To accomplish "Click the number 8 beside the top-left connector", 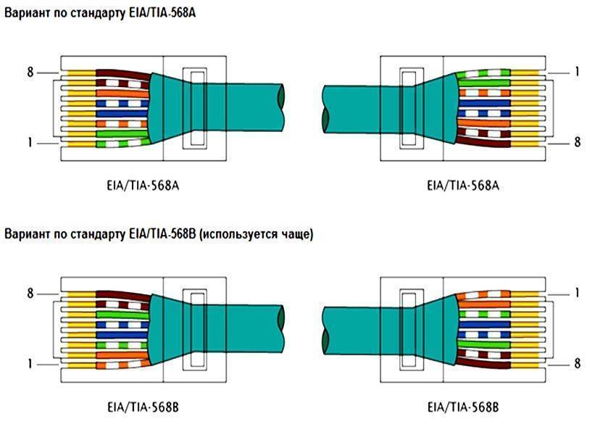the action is click(30, 72).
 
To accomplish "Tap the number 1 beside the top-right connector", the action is click(577, 71).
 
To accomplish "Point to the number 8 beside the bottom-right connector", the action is click(577, 363).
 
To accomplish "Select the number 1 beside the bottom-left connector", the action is click(30, 364).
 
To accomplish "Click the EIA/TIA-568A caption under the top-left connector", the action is click(143, 186).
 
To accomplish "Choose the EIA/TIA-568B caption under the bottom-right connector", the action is click(463, 407).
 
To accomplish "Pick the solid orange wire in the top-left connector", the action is click(122, 94).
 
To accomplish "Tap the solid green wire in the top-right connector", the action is click(483, 83).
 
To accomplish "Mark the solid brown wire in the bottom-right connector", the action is click(484, 364).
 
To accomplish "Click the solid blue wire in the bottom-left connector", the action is click(122, 335).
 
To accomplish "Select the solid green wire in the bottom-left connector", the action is click(122, 315).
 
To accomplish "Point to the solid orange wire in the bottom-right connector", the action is click(484, 304).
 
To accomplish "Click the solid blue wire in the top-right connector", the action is click(484, 103).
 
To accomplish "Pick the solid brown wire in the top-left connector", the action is click(122, 74).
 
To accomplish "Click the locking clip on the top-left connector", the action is click(195, 108).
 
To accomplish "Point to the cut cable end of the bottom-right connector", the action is click(325, 331).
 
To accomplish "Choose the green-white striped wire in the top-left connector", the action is click(123, 143).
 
